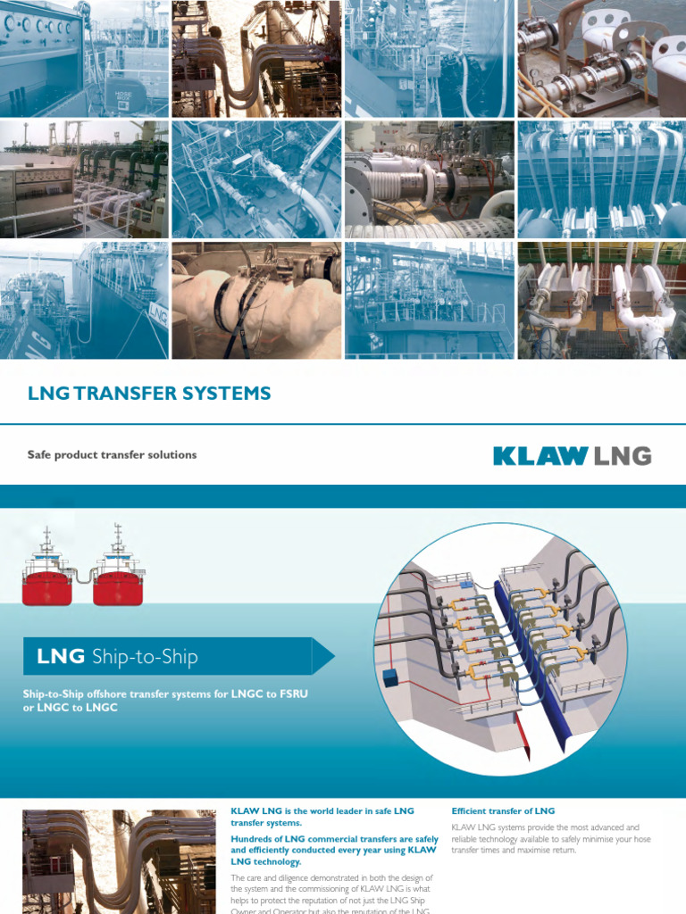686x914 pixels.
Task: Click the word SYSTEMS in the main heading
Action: [227, 393]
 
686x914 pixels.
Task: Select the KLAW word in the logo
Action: [539, 456]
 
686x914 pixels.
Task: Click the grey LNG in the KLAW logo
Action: [623, 456]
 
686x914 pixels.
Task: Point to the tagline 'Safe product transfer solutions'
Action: [112, 454]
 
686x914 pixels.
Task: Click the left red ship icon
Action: [46, 580]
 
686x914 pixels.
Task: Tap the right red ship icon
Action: [118, 580]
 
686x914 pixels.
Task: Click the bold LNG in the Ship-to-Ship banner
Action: [61, 658]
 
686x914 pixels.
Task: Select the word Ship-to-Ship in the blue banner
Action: [145, 658]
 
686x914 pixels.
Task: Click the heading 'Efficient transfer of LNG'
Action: [503, 811]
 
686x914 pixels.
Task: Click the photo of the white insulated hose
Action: [256, 300]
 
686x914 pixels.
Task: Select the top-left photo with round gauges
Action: [84, 58]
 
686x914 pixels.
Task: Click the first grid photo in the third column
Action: [429, 58]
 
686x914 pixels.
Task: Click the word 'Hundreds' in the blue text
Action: [255, 839]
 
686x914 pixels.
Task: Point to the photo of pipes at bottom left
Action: [118, 861]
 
